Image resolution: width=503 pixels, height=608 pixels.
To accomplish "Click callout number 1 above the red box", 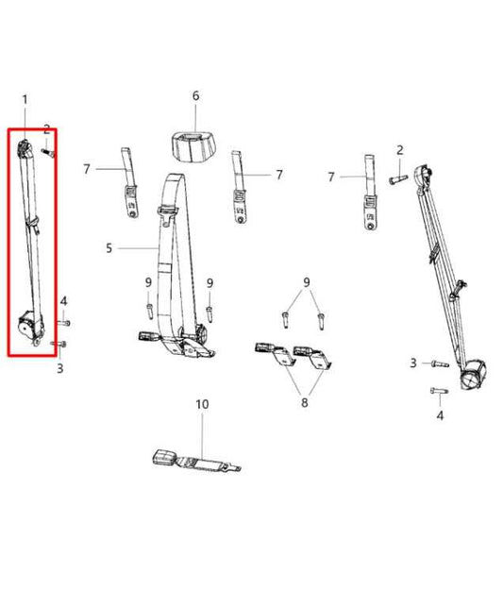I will pyautogui.click(x=25, y=99).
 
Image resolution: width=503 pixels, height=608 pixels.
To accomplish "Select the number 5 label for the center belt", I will pyautogui.click(x=109, y=248).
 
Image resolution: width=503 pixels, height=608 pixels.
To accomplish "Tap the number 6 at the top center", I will pyautogui.click(x=195, y=96).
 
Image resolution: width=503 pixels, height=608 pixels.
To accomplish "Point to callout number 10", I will pyautogui.click(x=201, y=405).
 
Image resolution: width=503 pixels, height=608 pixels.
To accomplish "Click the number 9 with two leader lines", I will pyautogui.click(x=305, y=282).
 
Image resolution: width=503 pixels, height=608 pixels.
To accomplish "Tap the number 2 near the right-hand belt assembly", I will pyautogui.click(x=400, y=150).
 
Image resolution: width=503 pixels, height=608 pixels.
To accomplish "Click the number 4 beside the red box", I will pyautogui.click(x=64, y=301).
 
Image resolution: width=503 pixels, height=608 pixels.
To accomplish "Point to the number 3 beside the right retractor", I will pyautogui.click(x=413, y=363).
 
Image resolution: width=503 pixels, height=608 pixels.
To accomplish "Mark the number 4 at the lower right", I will pyautogui.click(x=439, y=414).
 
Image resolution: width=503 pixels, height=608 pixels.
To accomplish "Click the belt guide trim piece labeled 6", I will pyautogui.click(x=194, y=144).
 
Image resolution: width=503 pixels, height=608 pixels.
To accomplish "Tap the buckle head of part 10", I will pyautogui.click(x=165, y=460).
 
